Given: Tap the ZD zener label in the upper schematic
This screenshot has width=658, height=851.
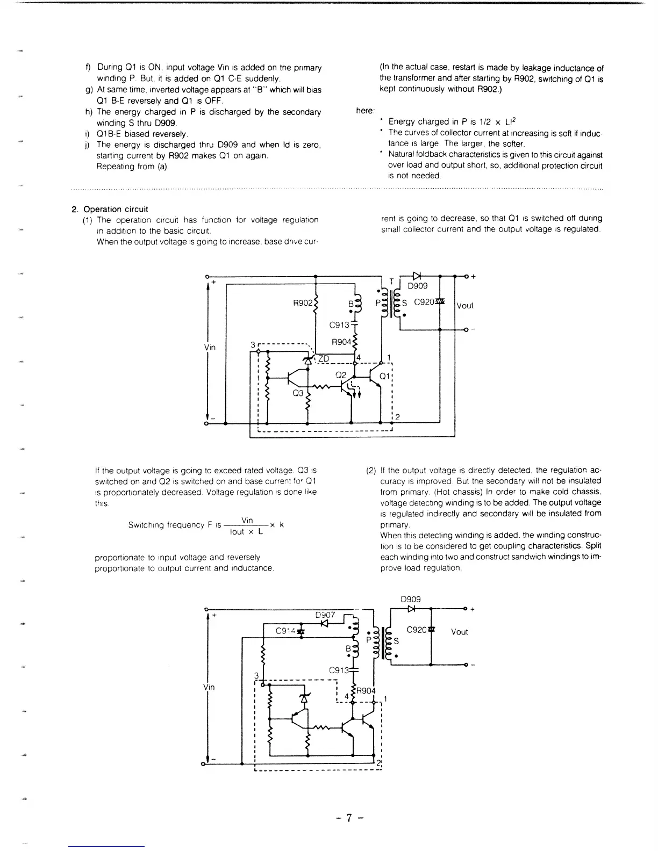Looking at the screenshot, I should [x=325, y=358].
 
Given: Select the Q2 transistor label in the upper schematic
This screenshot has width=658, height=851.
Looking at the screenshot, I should [x=341, y=375].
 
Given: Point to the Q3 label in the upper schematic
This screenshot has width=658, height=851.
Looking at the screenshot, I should [x=298, y=393].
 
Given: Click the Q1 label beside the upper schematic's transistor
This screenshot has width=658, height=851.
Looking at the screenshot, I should [x=385, y=376].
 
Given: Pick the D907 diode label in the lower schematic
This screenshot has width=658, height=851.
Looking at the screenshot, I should [x=325, y=615].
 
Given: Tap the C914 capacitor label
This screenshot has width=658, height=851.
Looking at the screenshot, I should [x=285, y=631].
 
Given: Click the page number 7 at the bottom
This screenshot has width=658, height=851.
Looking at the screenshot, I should [x=349, y=818].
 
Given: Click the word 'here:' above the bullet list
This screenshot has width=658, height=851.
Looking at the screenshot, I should [x=366, y=111].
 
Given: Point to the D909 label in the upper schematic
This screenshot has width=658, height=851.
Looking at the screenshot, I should [x=418, y=286].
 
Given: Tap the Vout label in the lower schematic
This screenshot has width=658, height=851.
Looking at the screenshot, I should [x=460, y=632].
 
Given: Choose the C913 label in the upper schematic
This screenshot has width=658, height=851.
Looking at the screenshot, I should [x=339, y=324].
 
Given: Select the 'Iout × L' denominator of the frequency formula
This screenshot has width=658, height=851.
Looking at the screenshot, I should [x=246, y=532].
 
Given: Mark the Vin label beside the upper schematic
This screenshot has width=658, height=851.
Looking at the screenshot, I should [x=210, y=348].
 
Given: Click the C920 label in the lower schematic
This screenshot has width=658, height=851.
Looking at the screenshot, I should [x=416, y=630].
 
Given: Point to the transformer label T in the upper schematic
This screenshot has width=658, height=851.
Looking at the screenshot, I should [x=392, y=282].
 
